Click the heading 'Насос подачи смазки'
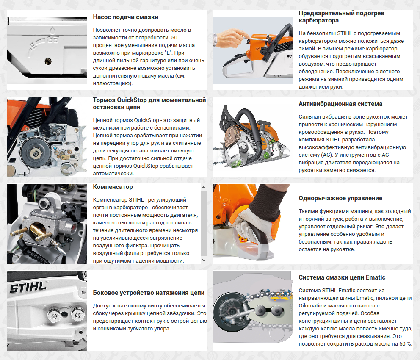coord(125,17)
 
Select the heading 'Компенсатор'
coord(113,187)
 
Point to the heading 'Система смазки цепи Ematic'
coord(342,277)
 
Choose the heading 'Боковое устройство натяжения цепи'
coord(149,293)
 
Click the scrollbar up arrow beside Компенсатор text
coord(204,187)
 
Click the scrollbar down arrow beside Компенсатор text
coord(204,260)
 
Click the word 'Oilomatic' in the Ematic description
coord(311,305)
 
